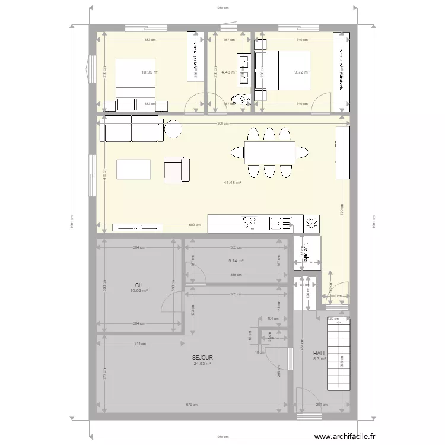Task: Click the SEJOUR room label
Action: [x=202, y=358]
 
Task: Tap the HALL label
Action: [x=320, y=352]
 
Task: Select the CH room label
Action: [x=138, y=285]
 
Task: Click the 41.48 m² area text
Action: [x=232, y=183]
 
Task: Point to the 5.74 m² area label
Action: [x=236, y=260]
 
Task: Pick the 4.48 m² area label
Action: [x=228, y=73]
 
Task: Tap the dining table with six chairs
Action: [x=269, y=152]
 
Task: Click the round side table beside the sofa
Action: [x=173, y=129]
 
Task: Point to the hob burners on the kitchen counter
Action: [x=249, y=223]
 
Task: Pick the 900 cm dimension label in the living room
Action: [x=220, y=123]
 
